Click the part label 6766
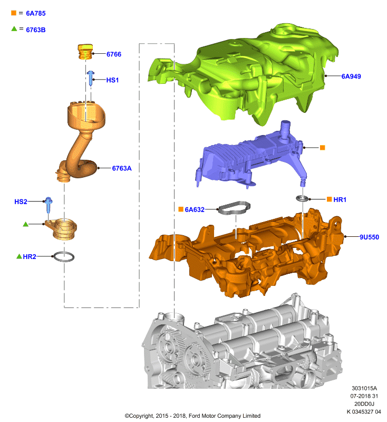click(114, 54)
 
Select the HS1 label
click(112, 80)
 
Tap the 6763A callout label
click(122, 168)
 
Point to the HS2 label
click(21, 202)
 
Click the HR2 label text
click(30, 256)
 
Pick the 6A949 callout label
click(351, 76)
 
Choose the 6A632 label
click(195, 209)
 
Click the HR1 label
click(340, 199)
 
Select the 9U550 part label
click(369, 237)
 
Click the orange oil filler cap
click(85, 52)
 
